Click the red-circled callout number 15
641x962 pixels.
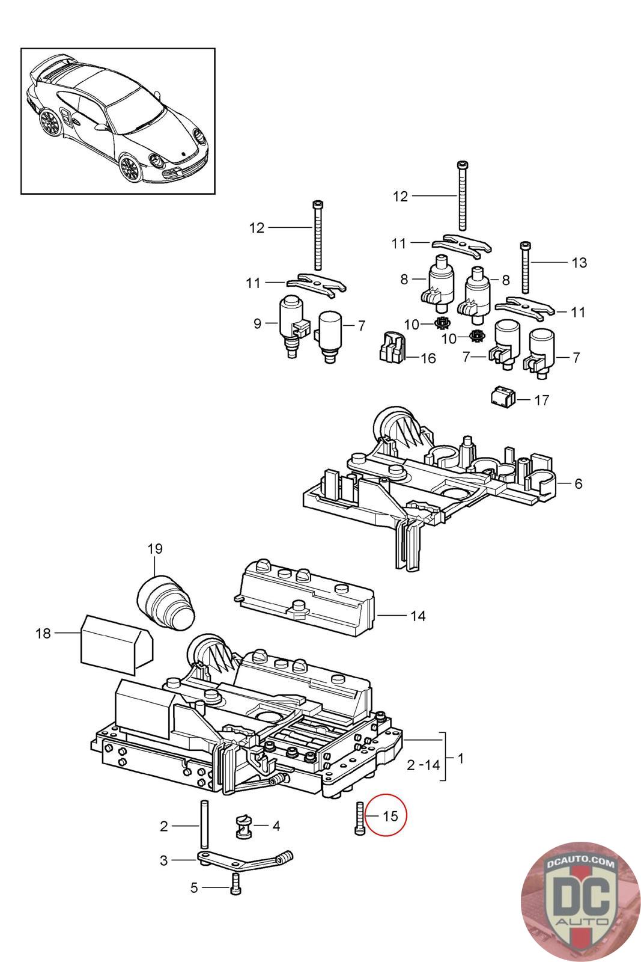[390, 816]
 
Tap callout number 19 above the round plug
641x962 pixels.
[155, 548]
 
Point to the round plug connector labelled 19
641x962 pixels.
[166, 603]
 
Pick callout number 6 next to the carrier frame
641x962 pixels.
[578, 483]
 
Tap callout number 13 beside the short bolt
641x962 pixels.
[579, 262]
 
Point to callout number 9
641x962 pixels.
[257, 323]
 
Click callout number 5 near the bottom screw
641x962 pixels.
[193, 887]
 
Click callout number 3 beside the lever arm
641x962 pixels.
[164, 860]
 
